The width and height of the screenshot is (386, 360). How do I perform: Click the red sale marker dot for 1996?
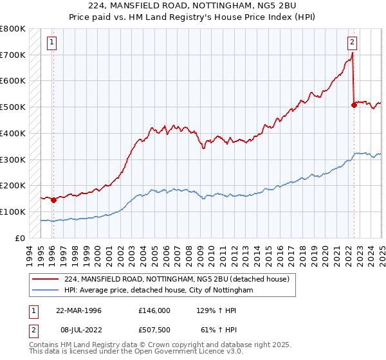pyautogui.click(x=53, y=200)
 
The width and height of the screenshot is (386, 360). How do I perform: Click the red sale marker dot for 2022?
pyautogui.click(x=354, y=105)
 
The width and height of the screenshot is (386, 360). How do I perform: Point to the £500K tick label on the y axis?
pyautogui.click(x=13, y=107)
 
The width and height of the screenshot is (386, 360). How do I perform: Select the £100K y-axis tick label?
pyautogui.click(x=13, y=212)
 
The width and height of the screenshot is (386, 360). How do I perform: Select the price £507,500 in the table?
pyautogui.click(x=154, y=329)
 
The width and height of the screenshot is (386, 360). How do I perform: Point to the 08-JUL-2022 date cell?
pyautogui.click(x=78, y=329)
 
